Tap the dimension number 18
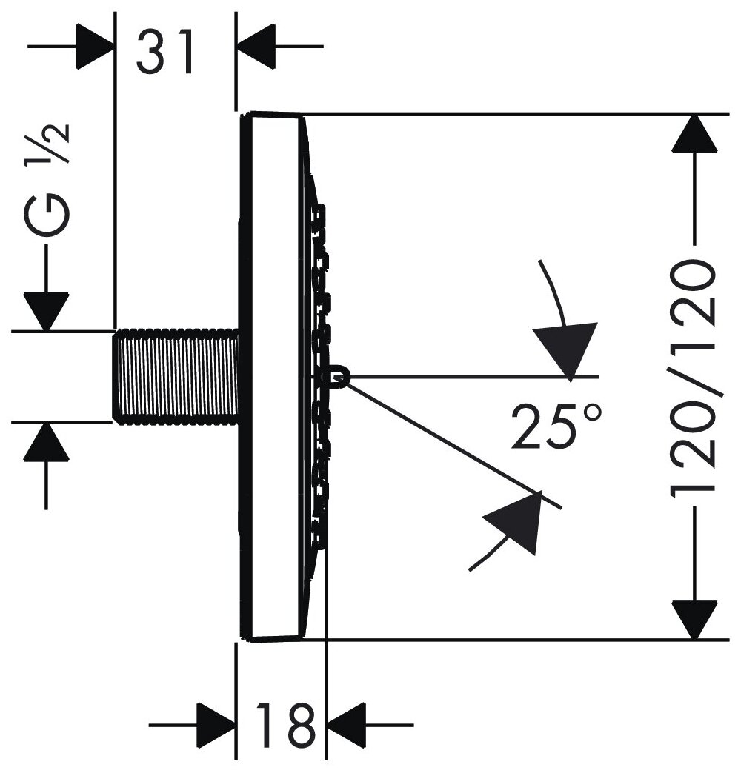(283, 725)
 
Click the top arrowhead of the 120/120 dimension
(694, 133)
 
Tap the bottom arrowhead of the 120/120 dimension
(694, 620)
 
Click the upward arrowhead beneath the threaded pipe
(46, 442)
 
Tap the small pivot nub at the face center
(338, 377)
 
